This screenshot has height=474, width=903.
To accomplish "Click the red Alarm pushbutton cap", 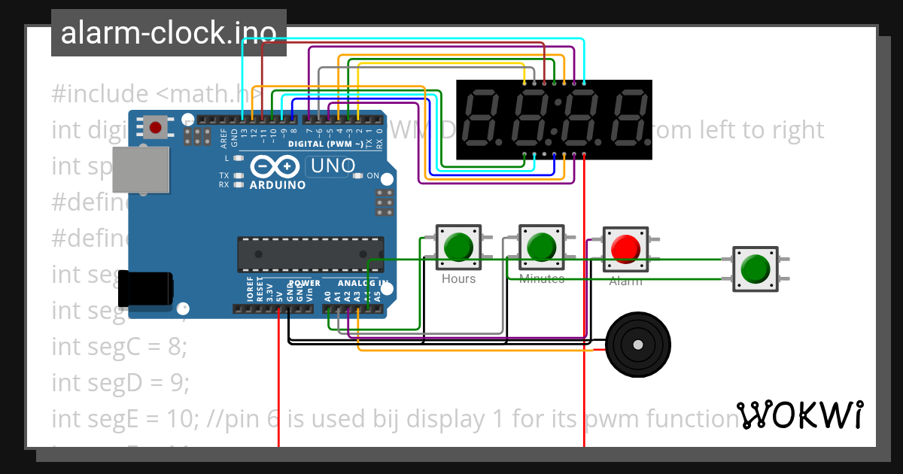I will pos(625,248).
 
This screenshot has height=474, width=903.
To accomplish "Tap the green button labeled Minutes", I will pos(540,247).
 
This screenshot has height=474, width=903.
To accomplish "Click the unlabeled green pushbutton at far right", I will pos(755,269).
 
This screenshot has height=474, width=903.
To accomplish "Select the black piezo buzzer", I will pos(637,345).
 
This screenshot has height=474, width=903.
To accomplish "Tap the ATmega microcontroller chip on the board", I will pos(310,254).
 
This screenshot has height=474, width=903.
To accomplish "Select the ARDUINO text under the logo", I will pos(277,184).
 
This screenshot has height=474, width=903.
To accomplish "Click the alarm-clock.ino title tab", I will pos(169,33).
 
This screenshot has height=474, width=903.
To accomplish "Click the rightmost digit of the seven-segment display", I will pos(629,119).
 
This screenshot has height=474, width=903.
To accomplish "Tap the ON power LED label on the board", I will pos(372,175).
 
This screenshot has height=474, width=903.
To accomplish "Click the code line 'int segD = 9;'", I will pos(120,382).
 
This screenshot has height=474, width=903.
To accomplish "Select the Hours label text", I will pos(458,279).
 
